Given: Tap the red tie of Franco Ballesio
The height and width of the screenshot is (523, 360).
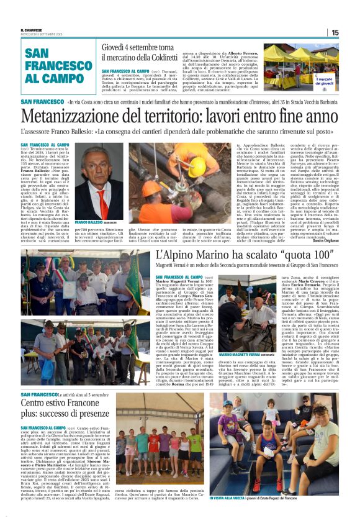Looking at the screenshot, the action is click(100, 198).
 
